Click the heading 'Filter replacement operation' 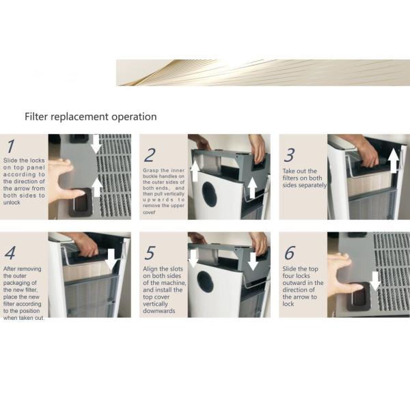(x=90, y=117)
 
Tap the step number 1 (x=10, y=146)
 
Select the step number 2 (x=150, y=155)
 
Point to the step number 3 (x=290, y=155)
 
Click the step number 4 (x=10, y=253)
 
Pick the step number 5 (x=150, y=253)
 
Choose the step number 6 (x=290, y=253)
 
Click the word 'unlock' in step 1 (x=12, y=202)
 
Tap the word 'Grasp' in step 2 (x=150, y=171)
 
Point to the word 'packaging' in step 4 (x=20, y=283)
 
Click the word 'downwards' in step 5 (x=159, y=311)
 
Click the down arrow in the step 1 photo (x=96, y=144)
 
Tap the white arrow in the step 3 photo (x=394, y=161)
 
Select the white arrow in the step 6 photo (x=375, y=281)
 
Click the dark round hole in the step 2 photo (x=209, y=194)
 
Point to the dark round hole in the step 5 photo (x=205, y=282)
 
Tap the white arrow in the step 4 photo (x=111, y=260)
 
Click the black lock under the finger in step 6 (x=359, y=297)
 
